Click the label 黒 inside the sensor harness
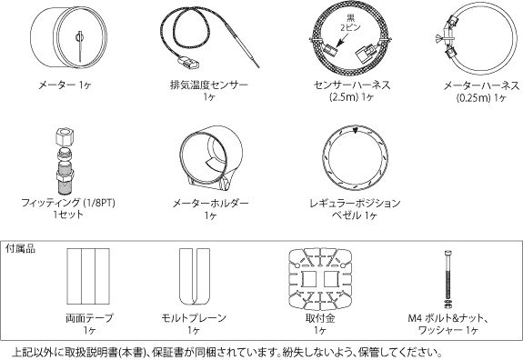(x=350, y=17)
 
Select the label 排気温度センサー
(x=209, y=85)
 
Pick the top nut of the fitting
(x=64, y=135)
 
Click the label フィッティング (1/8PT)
(x=68, y=203)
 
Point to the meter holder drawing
(x=211, y=159)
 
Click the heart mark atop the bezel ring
(x=356, y=131)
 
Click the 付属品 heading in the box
(x=20, y=249)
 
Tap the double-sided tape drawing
(x=88, y=276)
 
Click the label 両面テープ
(x=89, y=318)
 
